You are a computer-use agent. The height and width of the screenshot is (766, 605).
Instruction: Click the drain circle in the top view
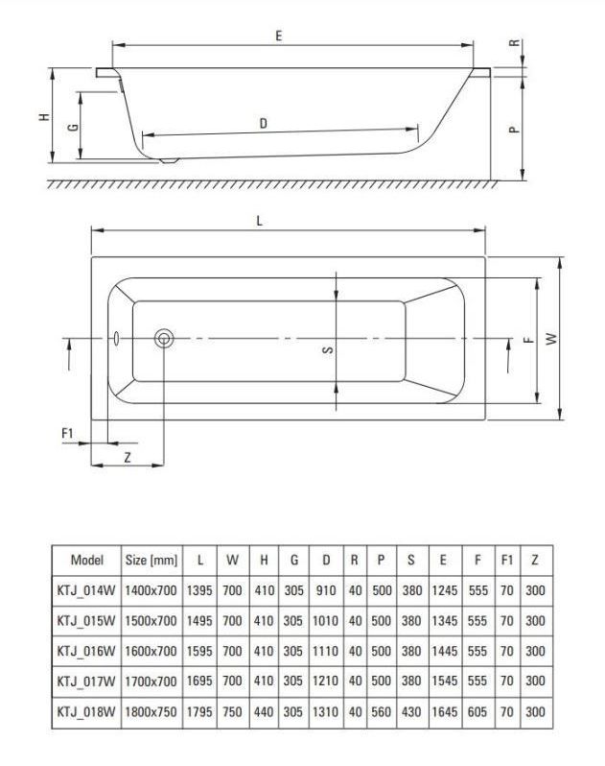pyautogui.click(x=164, y=338)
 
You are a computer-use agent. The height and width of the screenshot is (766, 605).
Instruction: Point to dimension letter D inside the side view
pyautogui.click(x=263, y=123)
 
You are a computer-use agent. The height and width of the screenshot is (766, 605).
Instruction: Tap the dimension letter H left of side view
pyautogui.click(x=43, y=117)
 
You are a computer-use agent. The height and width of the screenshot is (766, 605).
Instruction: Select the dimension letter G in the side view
pyautogui.click(x=72, y=127)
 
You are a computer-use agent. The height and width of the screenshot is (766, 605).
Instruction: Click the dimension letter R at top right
pyautogui.click(x=515, y=44)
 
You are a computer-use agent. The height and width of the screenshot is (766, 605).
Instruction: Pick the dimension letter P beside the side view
pyautogui.click(x=515, y=130)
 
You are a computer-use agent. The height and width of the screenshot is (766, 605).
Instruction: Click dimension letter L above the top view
pyautogui.click(x=260, y=220)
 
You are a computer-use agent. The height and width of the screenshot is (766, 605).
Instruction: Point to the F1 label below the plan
pyautogui.click(x=67, y=434)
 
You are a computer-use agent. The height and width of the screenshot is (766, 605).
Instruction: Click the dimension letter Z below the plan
pyautogui.click(x=127, y=458)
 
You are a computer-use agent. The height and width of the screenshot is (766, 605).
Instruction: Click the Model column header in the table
pyautogui.click(x=87, y=560)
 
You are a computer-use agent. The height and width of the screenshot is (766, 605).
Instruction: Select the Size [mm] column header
pyautogui.click(x=151, y=560)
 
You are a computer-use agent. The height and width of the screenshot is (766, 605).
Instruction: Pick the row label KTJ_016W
pyautogui.click(x=87, y=651)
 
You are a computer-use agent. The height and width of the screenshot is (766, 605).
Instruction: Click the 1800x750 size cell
pyautogui.click(x=151, y=712)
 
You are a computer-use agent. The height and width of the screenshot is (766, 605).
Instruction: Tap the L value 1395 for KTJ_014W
pyautogui.click(x=200, y=590)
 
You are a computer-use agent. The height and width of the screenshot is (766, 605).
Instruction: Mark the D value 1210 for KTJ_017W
pyautogui.click(x=326, y=682)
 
